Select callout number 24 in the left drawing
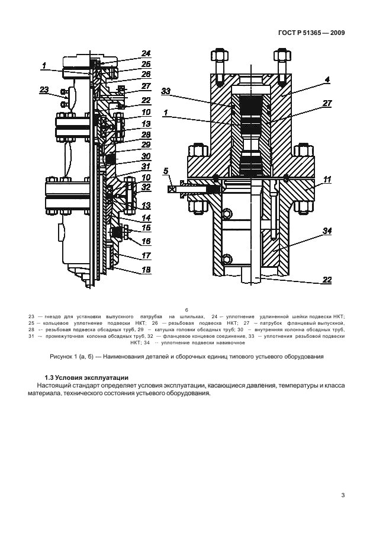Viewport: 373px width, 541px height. pyautogui.click(x=146, y=53)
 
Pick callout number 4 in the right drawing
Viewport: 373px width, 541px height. pyautogui.click(x=327, y=79)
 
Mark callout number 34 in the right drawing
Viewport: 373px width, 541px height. pyautogui.click(x=327, y=230)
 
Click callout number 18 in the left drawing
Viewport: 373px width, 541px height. pyautogui.click(x=146, y=269)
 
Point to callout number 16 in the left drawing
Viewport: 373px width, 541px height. pyautogui.click(x=146, y=241)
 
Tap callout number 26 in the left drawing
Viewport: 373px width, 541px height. pyautogui.click(x=146, y=74)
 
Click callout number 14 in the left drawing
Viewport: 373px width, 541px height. pyautogui.click(x=146, y=216)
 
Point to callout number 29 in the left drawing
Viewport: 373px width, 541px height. pyautogui.click(x=146, y=145)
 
